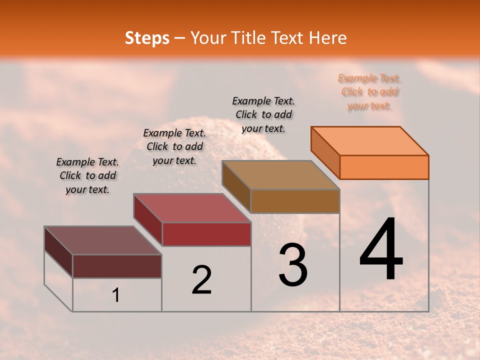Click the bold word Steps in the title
pos(147,38)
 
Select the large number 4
pos(381,250)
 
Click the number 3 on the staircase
pos(293,265)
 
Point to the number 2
pos(202,280)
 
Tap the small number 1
pos(116,295)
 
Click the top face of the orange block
pos(370,140)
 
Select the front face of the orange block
pos(384,167)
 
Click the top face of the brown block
pos(281,175)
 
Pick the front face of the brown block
pos(295,201)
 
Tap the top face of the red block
pos(192,208)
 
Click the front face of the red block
pos(206,234)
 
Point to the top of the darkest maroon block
pos(102,240)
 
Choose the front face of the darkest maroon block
pos(117,266)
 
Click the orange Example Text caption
pos(369,91)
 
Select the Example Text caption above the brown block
pos(263,114)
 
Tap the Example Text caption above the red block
pos(174,146)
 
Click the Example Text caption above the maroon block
pos(87,175)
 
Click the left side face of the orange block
pos(325,152)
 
